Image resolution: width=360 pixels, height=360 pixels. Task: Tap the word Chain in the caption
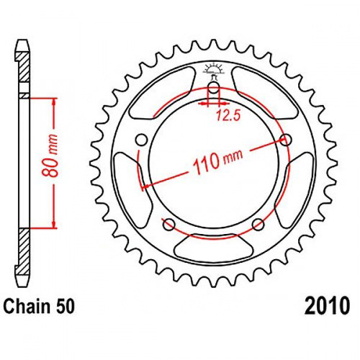pyautogui.click(x=27, y=307)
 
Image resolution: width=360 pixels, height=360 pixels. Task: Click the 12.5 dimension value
pyautogui.click(x=228, y=115)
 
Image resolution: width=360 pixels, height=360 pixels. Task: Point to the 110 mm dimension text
pyautogui.click(x=218, y=161)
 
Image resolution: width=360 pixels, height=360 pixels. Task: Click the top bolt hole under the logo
pyautogui.click(x=214, y=88)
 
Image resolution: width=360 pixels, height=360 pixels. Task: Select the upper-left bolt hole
pyautogui.click(x=141, y=140)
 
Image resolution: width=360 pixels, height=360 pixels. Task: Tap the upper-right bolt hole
pyautogui.click(x=286, y=140)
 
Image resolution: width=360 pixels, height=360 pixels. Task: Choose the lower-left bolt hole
pyautogui.click(x=169, y=225)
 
